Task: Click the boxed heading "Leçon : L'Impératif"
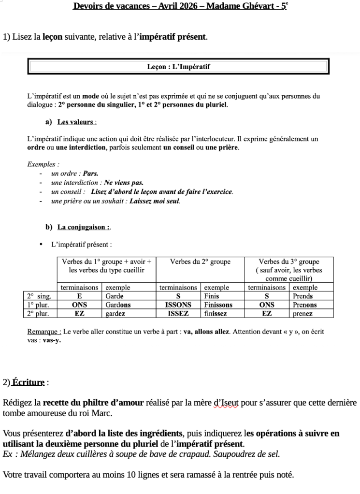pyautogui.click(x=178, y=67)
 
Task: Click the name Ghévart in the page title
pyautogui.click(x=251, y=7)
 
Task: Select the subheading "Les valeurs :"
pyautogui.click(x=77, y=122)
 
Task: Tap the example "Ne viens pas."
pyautogui.click(x=124, y=183)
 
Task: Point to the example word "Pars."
pyautogui.click(x=91, y=174)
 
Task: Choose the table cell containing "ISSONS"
pyautogui.click(x=178, y=305)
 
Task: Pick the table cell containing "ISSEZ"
pyautogui.click(x=178, y=314)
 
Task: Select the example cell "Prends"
pyautogui.click(x=303, y=296)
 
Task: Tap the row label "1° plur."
pyautogui.click(x=39, y=305)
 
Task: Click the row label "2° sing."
pyautogui.click(x=39, y=296)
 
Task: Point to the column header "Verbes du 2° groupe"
pyautogui.click(x=200, y=262)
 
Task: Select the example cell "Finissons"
pyautogui.click(x=218, y=305)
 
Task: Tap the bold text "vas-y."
pyautogui.click(x=52, y=340)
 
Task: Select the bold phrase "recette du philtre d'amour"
pyautogui.click(x=93, y=403)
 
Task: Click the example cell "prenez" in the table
pyautogui.click(x=302, y=314)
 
